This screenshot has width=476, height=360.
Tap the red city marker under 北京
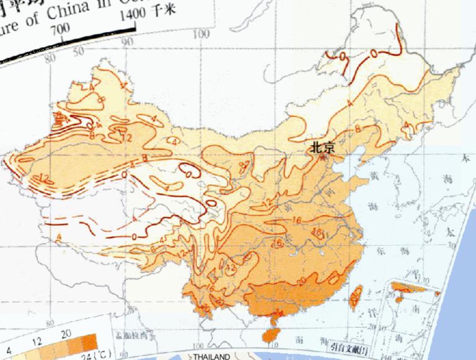coord(322,156)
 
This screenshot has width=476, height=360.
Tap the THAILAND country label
coord(212,356)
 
